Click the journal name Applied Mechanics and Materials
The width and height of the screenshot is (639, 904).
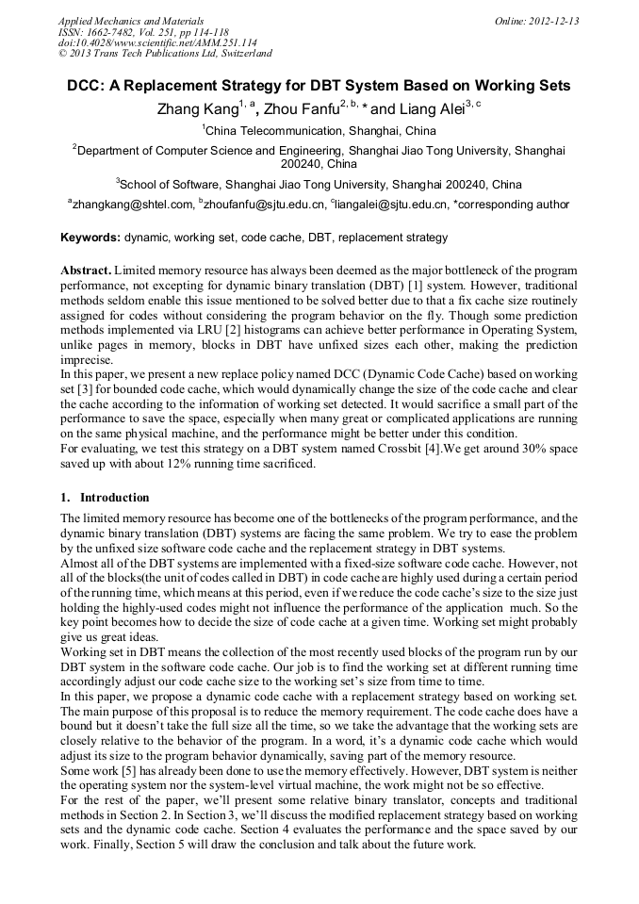(x=131, y=21)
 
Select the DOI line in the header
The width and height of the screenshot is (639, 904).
(x=157, y=42)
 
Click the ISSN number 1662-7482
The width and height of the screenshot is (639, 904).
(x=106, y=31)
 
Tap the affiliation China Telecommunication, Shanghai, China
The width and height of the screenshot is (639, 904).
(x=320, y=131)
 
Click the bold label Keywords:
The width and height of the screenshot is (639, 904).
(x=90, y=238)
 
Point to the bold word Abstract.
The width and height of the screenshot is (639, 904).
(x=85, y=270)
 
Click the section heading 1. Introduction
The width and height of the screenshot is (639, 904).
(x=105, y=498)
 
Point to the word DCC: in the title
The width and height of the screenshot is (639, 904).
(x=86, y=86)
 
